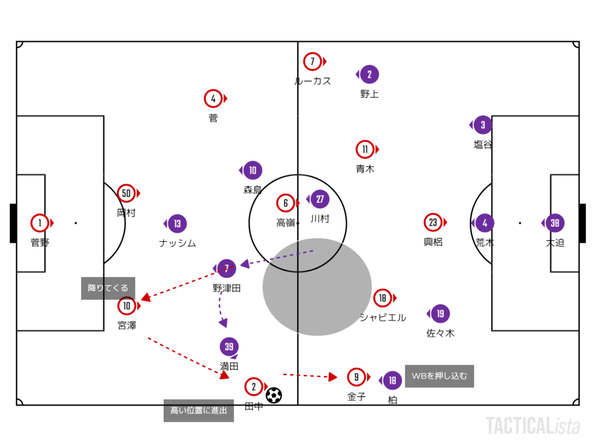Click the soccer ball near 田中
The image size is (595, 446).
coord(274,395)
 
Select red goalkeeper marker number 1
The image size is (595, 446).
coord(40,223)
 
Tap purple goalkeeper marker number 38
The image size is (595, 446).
coord(555,223)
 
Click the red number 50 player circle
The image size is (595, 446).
coord(126,193)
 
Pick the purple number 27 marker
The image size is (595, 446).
coord(320,199)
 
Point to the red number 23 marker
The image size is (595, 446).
coord(433,223)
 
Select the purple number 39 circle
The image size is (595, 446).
coord(229,346)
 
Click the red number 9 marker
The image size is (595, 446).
coord(356,377)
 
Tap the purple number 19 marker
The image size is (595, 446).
coord(440,314)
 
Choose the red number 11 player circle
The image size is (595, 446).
coord(365,149)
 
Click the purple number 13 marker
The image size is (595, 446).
coord(178,223)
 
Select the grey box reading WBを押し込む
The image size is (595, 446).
coord(439,376)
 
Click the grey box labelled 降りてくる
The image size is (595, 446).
coord(108,288)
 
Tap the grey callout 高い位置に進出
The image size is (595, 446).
coord(199,410)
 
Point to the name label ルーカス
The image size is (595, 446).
coord(312,81)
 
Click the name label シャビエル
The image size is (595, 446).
coord(383,317)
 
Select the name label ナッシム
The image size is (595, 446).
coord(178,243)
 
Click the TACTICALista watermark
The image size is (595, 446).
coord(533,426)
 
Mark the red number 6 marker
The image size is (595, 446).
coord(286,203)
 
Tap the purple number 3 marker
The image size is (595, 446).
coord(483,125)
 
